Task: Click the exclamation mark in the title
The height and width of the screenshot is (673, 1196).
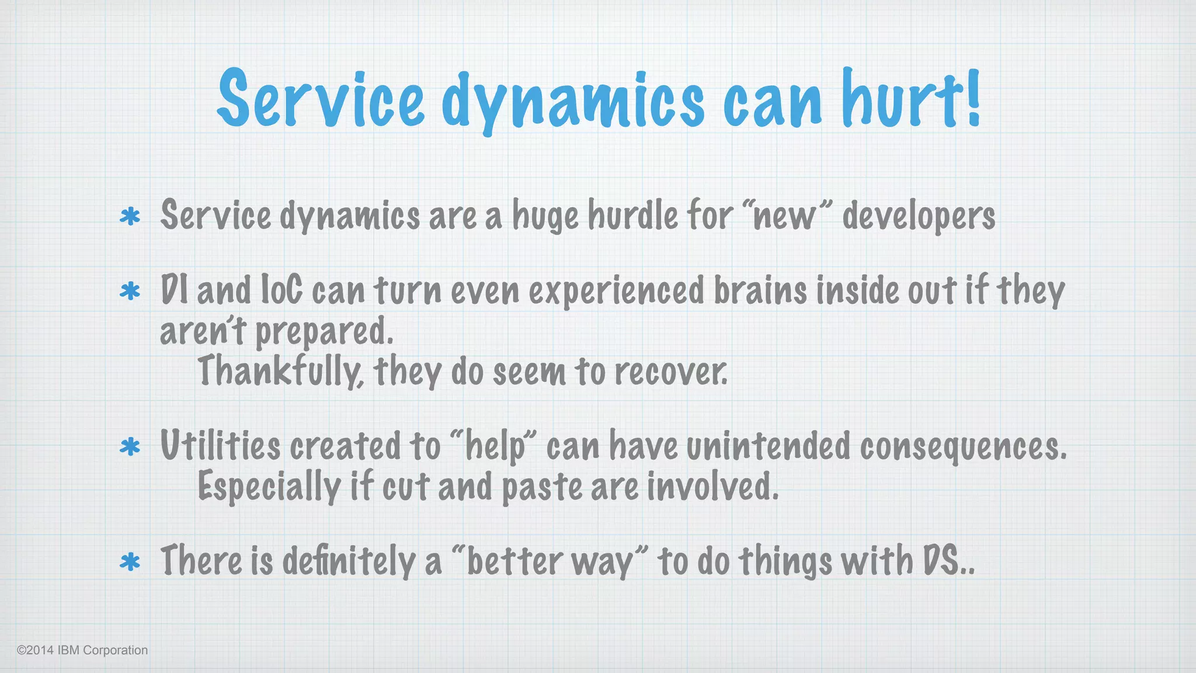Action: point(972,97)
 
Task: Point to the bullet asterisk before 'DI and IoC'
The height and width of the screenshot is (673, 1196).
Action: point(130,291)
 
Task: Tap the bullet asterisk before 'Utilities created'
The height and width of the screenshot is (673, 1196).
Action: point(130,447)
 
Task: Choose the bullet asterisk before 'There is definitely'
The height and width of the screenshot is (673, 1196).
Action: point(130,562)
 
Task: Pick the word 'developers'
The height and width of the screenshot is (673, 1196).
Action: point(919,216)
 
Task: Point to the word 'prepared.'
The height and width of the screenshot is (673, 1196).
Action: point(325,332)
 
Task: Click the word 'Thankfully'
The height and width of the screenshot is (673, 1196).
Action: point(281,372)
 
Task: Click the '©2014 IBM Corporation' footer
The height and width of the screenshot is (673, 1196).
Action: point(82,650)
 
